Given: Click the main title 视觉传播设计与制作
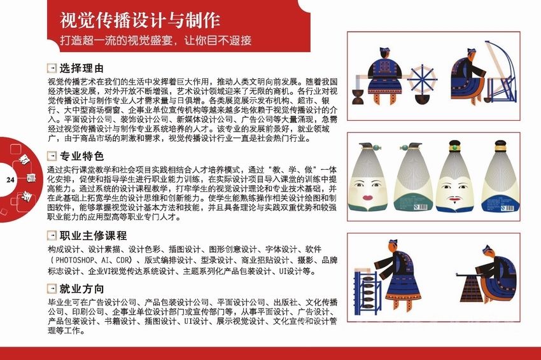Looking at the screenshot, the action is point(140,21).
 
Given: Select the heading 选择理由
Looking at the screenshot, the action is point(81,68).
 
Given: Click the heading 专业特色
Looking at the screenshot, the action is point(81,156).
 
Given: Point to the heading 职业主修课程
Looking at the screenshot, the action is point(93,236).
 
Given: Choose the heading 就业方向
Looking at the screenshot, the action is point(81,289).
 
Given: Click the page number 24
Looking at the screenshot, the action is point(10,179).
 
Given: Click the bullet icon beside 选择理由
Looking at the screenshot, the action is point(52,68).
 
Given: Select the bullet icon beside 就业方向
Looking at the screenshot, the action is point(52,289).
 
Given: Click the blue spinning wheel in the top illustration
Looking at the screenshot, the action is point(422,80).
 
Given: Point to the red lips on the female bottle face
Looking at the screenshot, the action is point(368,198).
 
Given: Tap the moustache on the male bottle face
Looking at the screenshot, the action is point(454,198).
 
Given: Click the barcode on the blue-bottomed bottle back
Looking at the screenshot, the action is point(507,208).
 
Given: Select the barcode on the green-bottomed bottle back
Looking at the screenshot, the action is point(420,207).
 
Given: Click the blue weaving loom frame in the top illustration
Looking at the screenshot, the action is point(501,73).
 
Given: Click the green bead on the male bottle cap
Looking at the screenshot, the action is point(455,148).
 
